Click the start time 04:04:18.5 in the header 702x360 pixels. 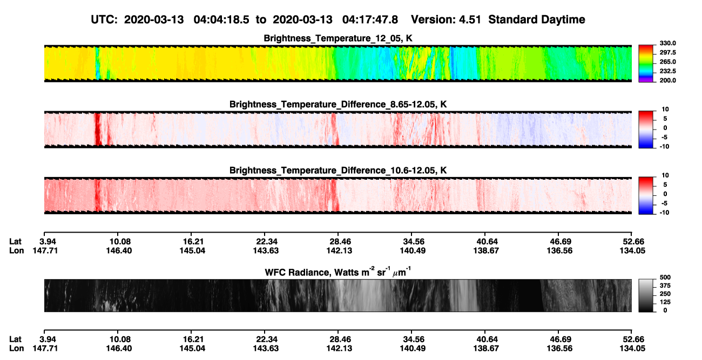221,20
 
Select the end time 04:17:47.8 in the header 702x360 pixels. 370,20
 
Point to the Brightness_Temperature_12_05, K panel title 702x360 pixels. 338,38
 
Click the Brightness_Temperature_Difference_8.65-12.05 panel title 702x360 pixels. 338,104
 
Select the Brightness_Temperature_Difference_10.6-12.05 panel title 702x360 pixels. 338,171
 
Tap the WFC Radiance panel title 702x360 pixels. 338,272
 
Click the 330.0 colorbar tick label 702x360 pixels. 667,43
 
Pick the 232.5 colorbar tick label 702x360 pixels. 667,71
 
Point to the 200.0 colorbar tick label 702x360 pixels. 667,80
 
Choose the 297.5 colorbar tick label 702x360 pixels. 667,53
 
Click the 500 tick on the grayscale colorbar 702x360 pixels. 665,277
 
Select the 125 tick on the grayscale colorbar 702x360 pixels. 665,302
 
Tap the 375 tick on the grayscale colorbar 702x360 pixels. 665,286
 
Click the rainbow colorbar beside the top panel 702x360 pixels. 646,64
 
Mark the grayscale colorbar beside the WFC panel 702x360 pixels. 646,295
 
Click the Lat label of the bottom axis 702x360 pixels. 15,339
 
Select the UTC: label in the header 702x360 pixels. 104,20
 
